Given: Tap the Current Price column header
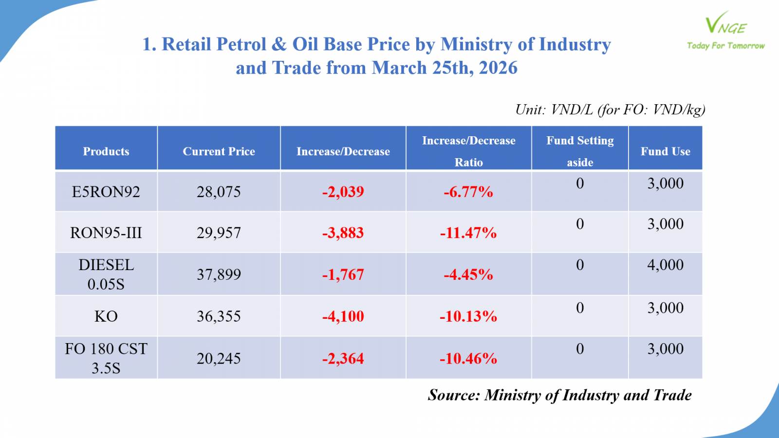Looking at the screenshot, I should tap(219, 151).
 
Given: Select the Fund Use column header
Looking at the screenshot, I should tap(665, 151).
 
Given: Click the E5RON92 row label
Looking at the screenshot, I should tap(106, 192).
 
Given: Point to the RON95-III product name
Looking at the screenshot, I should tap(106, 233).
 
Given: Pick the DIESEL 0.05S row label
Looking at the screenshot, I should tap(106, 274).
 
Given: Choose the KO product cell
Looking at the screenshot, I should tap(106, 316).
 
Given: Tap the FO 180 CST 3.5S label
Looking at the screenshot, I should tap(106, 358).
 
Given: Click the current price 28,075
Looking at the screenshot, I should tap(219, 192).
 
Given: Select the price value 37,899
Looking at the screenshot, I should tap(219, 274).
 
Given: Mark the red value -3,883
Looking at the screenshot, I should tap(343, 233).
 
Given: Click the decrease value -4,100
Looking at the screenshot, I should tap(343, 316).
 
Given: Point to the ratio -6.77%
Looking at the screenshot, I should tap(468, 192).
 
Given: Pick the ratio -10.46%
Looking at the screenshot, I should tap(468, 359).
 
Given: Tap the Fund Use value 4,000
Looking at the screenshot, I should tap(665, 265).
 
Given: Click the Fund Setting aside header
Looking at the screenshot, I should tap(580, 151).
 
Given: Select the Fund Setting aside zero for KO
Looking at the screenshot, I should tap(580, 308).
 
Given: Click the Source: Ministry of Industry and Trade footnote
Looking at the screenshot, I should tap(559, 395).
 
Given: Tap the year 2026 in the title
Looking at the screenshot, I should tap(498, 68).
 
